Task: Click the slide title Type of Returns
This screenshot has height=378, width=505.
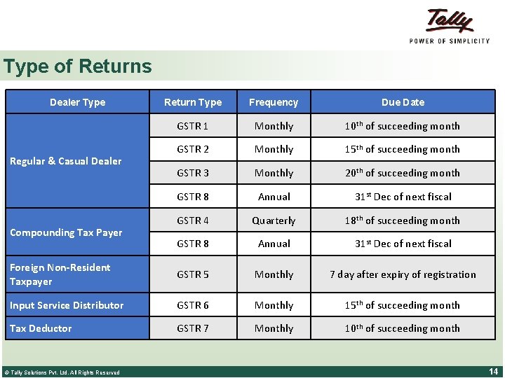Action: coord(77,66)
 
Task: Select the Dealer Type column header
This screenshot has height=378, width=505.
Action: coord(77,102)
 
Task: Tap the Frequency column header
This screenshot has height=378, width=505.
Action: coord(274,102)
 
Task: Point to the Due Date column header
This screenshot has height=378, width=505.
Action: coord(403,102)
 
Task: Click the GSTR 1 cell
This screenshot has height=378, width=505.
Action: coord(192,126)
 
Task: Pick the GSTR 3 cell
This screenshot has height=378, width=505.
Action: coord(192,173)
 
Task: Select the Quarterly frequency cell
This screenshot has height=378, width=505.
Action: coord(274,220)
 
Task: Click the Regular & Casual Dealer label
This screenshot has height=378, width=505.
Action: coord(65,161)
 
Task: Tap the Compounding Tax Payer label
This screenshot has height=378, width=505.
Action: coord(65,232)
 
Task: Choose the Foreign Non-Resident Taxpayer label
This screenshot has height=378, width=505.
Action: coord(60,274)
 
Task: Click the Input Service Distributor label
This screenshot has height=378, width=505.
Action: coord(66,305)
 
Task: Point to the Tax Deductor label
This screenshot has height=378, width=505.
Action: coord(41,328)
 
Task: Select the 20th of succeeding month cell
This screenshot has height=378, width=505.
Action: coord(403,173)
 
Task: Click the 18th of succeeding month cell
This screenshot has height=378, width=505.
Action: coord(403,220)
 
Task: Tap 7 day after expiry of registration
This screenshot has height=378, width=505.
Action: coord(403,274)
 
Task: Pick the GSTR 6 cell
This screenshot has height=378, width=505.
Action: coord(192,305)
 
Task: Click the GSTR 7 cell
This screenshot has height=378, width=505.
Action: coord(192,328)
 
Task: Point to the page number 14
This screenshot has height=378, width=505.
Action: coord(492,371)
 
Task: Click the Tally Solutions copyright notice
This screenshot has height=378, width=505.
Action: coord(61,372)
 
